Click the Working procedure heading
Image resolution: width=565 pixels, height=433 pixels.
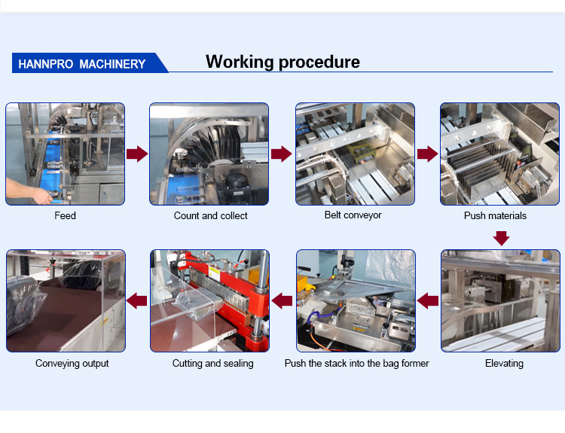pos(282,62)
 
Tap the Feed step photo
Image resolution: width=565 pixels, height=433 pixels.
pos(66,154)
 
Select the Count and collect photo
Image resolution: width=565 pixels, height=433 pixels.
pos(209,154)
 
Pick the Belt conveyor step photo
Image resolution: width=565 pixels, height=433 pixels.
pos(355,154)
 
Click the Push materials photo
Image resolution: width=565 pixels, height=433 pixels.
pos(500,154)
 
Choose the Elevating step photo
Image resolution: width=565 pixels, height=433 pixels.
pos(500,300)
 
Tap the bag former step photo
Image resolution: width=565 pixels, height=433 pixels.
pos(355,300)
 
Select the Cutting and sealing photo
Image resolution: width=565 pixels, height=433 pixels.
pos(209,300)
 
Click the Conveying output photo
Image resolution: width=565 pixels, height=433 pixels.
pos(66,300)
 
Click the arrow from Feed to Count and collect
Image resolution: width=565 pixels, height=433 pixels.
pos(136,154)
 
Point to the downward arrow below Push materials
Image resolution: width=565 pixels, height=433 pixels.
pos(501,238)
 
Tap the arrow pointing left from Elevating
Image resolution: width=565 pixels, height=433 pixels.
pos(427,301)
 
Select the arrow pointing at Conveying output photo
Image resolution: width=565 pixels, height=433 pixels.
pos(136,301)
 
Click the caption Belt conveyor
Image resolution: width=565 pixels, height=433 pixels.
pos(353,215)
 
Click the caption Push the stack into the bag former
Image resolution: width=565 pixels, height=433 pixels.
pos(356,364)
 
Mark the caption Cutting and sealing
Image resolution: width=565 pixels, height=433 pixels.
pos(212,364)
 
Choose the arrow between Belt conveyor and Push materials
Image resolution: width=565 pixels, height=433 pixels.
pos(427,154)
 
